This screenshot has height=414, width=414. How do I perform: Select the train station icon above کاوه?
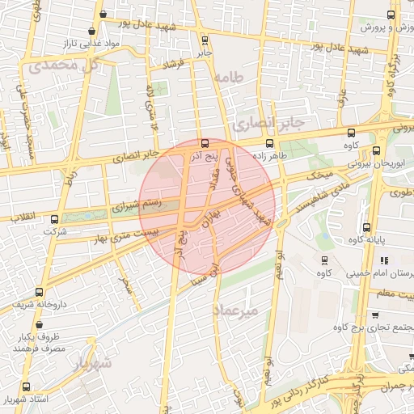click(x=324, y=261)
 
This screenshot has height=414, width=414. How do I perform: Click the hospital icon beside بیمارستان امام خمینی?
click(x=384, y=261)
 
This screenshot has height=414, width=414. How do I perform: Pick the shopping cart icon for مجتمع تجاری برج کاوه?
click(x=375, y=315)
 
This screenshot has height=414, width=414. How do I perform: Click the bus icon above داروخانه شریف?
click(x=39, y=292)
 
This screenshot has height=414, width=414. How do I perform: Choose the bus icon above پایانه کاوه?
click(x=366, y=227)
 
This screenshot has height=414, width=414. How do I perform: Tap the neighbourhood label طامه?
click(x=230, y=78)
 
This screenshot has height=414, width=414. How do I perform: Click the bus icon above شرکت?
click(x=54, y=218)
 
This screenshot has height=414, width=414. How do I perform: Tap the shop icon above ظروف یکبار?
click(x=35, y=321)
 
